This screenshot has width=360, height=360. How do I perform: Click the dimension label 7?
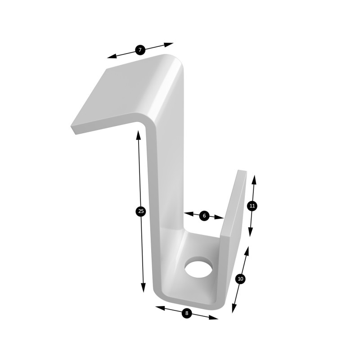[140, 50]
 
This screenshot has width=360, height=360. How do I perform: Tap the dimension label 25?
[141, 211]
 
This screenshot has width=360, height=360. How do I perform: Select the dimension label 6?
[204, 216]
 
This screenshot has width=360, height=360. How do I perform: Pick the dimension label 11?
[252, 206]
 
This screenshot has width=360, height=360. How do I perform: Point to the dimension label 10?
[240, 279]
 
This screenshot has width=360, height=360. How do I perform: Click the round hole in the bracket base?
[198, 267]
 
